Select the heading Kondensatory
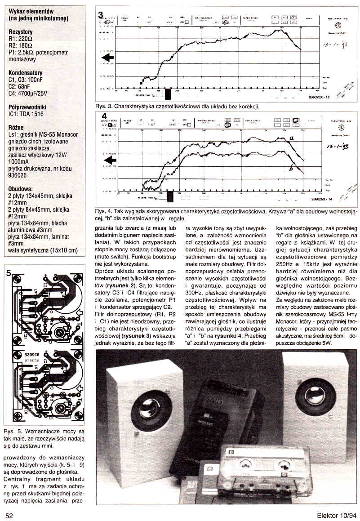pos(26,73)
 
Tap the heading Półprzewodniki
pos(27,107)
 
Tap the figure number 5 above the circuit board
pos(9,273)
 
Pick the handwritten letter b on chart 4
pos(291,169)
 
